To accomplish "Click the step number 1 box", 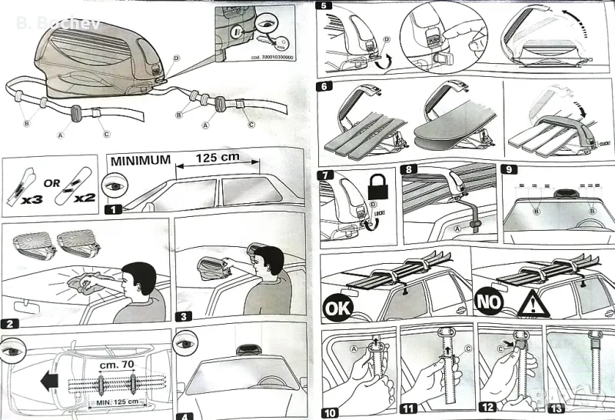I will tap(112, 208).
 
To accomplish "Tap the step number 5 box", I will tap(324, 7).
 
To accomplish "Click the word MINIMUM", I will tap(141, 161).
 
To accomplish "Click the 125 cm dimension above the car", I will tap(218, 157).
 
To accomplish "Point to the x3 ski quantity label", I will tap(32, 198).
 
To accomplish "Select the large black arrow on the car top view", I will tap(49, 380).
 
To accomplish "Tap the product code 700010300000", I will tap(272, 67).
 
